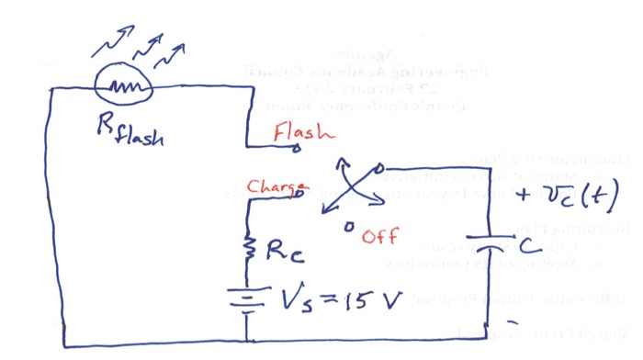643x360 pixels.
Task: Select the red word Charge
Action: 270,186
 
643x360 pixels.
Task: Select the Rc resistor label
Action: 282,252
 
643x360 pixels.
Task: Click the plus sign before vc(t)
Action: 526,196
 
